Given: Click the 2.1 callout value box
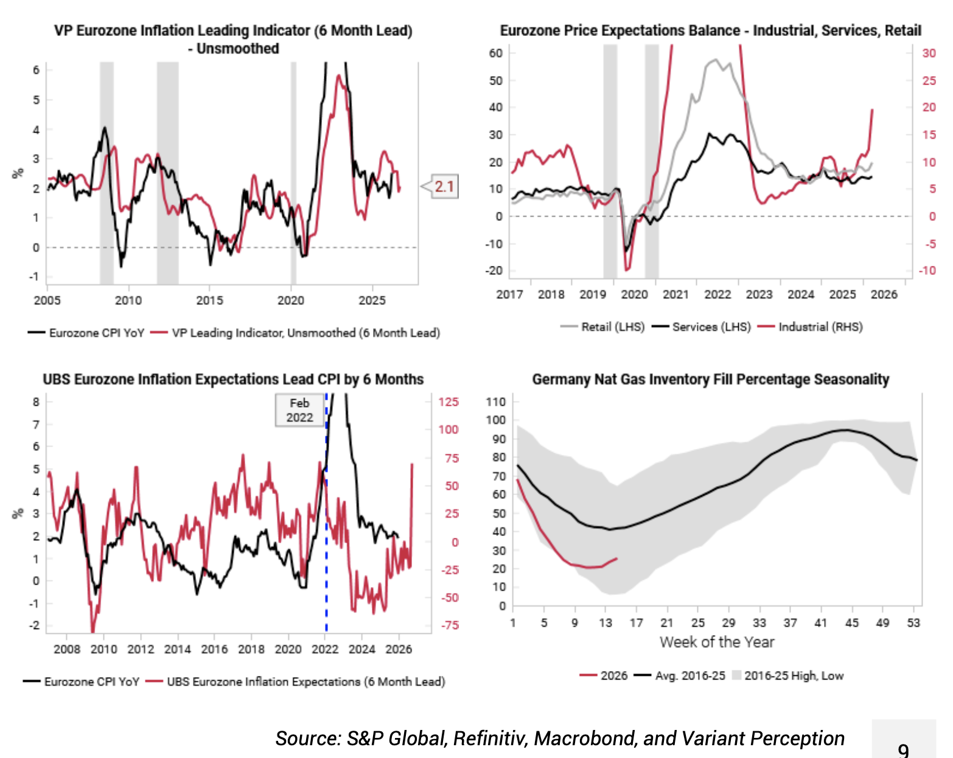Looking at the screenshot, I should [x=444, y=186].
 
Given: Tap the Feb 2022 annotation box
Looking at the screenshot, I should [x=299, y=411].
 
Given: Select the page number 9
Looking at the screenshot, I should [x=903, y=749].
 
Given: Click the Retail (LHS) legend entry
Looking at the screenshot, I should [x=602, y=327].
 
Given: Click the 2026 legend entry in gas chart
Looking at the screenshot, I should [x=604, y=675].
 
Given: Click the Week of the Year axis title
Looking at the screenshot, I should [x=717, y=642].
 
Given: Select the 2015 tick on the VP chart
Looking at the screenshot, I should [x=209, y=301].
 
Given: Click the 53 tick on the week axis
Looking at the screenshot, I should [x=913, y=622].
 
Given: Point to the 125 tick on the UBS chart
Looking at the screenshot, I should [x=449, y=402].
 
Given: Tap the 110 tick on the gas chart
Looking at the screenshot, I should [x=496, y=402].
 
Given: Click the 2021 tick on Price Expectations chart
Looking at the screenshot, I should [x=675, y=294].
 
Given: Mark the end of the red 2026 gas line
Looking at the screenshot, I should [x=617, y=558].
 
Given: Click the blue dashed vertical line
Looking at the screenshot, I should [x=326, y=548].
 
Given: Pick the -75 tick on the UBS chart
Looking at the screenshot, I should [x=450, y=625].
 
